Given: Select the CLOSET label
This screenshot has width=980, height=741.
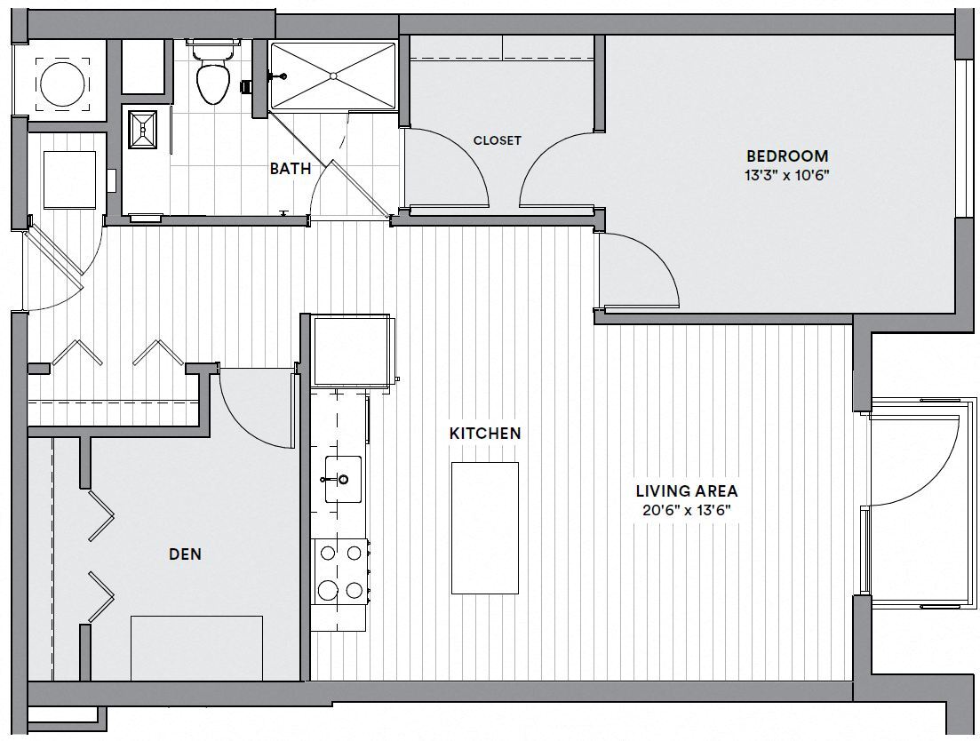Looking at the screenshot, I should (x=497, y=140).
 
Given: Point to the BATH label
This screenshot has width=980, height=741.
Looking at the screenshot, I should (x=291, y=168).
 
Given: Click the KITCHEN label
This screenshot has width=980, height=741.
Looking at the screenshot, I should (x=484, y=434).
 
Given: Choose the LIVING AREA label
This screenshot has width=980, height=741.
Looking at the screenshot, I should (x=686, y=491).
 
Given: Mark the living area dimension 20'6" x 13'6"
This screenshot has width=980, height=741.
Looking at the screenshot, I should (x=686, y=510).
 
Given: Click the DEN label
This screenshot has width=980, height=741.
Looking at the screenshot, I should (x=185, y=554).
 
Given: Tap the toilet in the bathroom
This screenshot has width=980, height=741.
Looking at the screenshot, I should (x=211, y=78).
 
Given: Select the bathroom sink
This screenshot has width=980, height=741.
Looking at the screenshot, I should (x=143, y=131).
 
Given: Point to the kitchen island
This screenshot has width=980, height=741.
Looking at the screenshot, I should (x=484, y=528).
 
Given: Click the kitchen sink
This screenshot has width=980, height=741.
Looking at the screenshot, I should (x=341, y=480).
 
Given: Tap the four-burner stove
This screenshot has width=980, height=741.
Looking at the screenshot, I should (x=341, y=571).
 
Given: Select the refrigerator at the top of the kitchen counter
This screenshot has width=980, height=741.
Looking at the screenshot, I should (x=350, y=350).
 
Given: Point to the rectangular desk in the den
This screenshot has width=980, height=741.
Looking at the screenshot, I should (x=196, y=648).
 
